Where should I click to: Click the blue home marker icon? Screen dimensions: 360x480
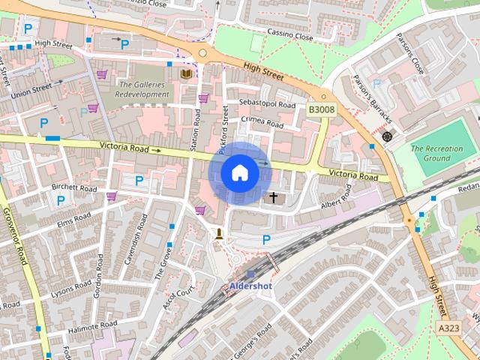239,173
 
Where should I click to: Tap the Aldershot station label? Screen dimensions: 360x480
250,286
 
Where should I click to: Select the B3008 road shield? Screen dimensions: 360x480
322,109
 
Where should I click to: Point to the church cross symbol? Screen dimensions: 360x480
274,198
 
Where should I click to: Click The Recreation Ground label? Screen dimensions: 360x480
436,154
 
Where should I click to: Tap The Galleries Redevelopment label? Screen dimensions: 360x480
144,90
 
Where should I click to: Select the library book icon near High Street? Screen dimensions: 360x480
186,73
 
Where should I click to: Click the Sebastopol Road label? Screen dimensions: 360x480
267,103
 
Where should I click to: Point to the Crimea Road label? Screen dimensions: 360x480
262,121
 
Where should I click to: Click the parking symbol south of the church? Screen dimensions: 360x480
266,240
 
